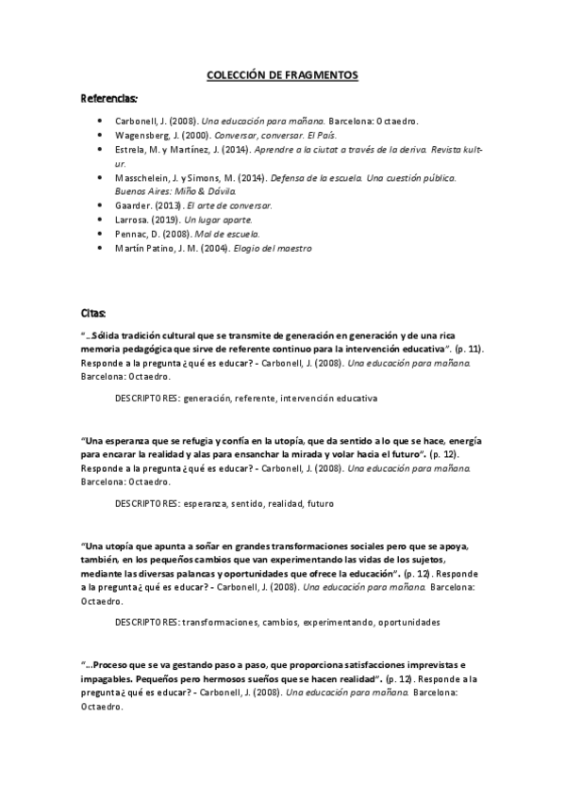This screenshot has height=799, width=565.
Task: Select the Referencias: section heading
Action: [x=109, y=97]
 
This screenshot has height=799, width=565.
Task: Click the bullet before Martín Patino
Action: [x=101, y=247]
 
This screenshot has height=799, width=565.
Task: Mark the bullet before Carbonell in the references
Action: [x=101, y=122]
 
